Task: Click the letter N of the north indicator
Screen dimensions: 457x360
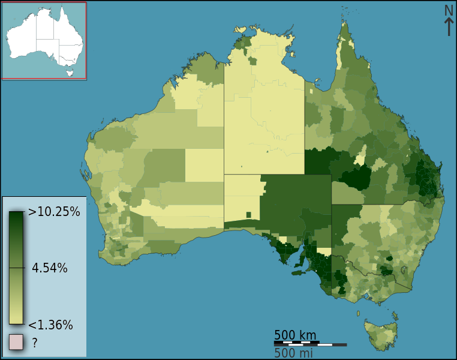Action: coord(449,11)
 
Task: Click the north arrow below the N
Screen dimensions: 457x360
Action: coord(449,28)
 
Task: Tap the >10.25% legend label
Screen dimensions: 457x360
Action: coord(54,212)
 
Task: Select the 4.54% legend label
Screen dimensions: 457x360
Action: coord(49,268)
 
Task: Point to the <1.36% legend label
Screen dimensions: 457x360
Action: coord(50,325)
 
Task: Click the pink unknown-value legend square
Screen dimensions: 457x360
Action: coord(16,343)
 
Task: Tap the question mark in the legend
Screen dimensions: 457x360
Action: coord(35,343)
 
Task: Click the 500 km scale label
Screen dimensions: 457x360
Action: coord(295,335)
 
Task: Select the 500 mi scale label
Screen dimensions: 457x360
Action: coord(293,353)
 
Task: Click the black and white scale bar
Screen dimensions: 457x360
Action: coord(310,344)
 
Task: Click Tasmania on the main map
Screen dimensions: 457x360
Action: coord(381,334)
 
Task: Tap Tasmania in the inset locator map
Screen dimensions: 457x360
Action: coord(70,74)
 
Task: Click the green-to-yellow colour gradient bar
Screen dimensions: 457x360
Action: coord(16,268)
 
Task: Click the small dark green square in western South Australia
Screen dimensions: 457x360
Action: coord(248,214)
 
